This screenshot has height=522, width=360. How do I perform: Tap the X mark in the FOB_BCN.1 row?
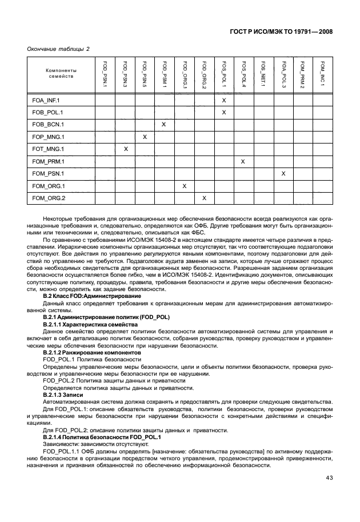point(164,124)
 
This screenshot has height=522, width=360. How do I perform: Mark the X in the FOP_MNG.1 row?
point(145,137)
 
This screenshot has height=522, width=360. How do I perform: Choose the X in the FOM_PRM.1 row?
point(243,161)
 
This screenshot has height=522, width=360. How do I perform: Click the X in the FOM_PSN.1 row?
point(283,173)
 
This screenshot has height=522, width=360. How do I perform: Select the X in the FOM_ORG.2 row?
point(203,198)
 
